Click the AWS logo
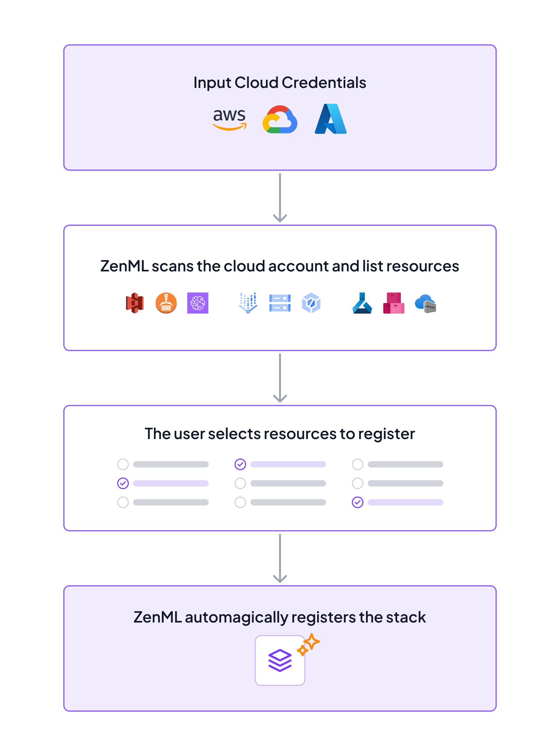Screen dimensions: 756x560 [230, 119]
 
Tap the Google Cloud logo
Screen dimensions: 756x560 [280, 120]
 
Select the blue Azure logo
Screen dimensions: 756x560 [330, 119]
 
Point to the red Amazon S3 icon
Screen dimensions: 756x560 [135, 303]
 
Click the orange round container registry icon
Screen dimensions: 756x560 [166, 303]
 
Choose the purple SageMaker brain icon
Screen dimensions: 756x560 [198, 303]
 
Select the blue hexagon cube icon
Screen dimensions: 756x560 [311, 303]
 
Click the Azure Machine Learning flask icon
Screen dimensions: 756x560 [362, 303]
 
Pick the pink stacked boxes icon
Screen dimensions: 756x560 [394, 303]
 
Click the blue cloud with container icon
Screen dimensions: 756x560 [425, 303]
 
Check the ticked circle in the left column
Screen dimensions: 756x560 [123, 483]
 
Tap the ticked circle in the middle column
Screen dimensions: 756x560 [240, 464]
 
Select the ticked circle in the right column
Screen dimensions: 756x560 [358, 502]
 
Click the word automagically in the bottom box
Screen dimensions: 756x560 [236, 617]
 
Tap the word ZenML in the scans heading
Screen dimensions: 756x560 [124, 266]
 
